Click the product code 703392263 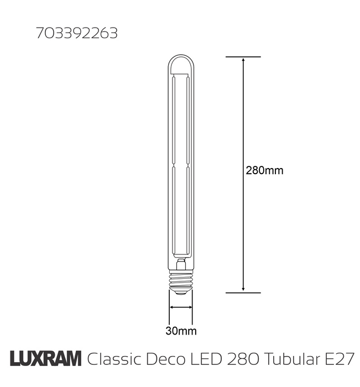point(77,34)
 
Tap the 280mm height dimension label point(264,170)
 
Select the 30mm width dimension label point(181,331)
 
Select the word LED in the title point(209,359)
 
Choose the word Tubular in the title point(290,359)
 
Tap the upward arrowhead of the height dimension point(243,61)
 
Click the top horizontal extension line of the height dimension point(243,56)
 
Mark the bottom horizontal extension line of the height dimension point(243,292)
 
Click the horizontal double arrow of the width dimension point(181,307)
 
